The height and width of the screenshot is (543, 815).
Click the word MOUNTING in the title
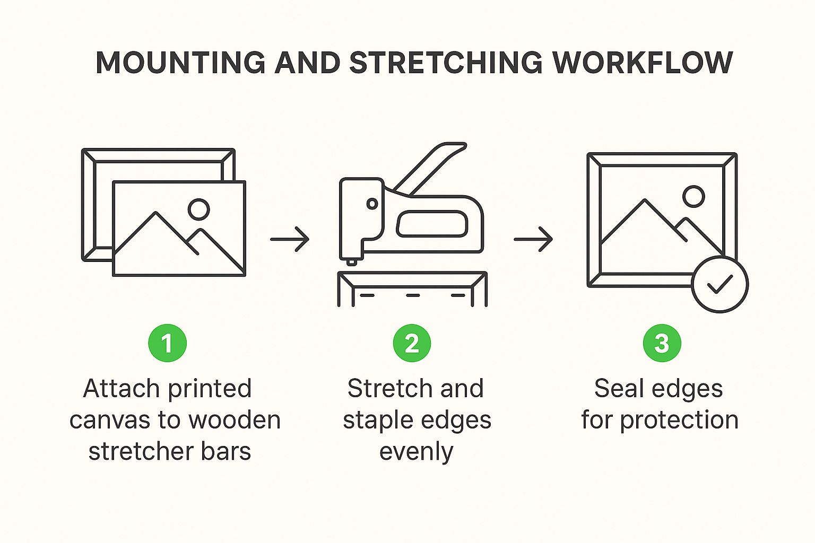point(180,63)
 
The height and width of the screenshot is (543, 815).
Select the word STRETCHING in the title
point(446,63)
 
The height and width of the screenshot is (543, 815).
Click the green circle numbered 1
point(167,343)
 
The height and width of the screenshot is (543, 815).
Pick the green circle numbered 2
point(412,343)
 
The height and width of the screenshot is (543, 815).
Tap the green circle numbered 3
point(662,343)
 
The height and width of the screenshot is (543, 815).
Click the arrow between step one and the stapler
point(290,239)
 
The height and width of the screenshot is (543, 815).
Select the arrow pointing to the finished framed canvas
point(533,239)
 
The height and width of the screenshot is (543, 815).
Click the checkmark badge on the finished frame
point(719,284)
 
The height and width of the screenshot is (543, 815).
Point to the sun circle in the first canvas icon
point(198,209)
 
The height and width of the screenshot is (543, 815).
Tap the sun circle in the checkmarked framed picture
point(693,196)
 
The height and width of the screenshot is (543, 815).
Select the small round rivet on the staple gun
point(372,204)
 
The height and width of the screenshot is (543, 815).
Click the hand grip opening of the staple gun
point(432,224)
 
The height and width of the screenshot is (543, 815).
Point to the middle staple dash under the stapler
point(413,295)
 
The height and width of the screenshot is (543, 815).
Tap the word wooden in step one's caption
point(235,420)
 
